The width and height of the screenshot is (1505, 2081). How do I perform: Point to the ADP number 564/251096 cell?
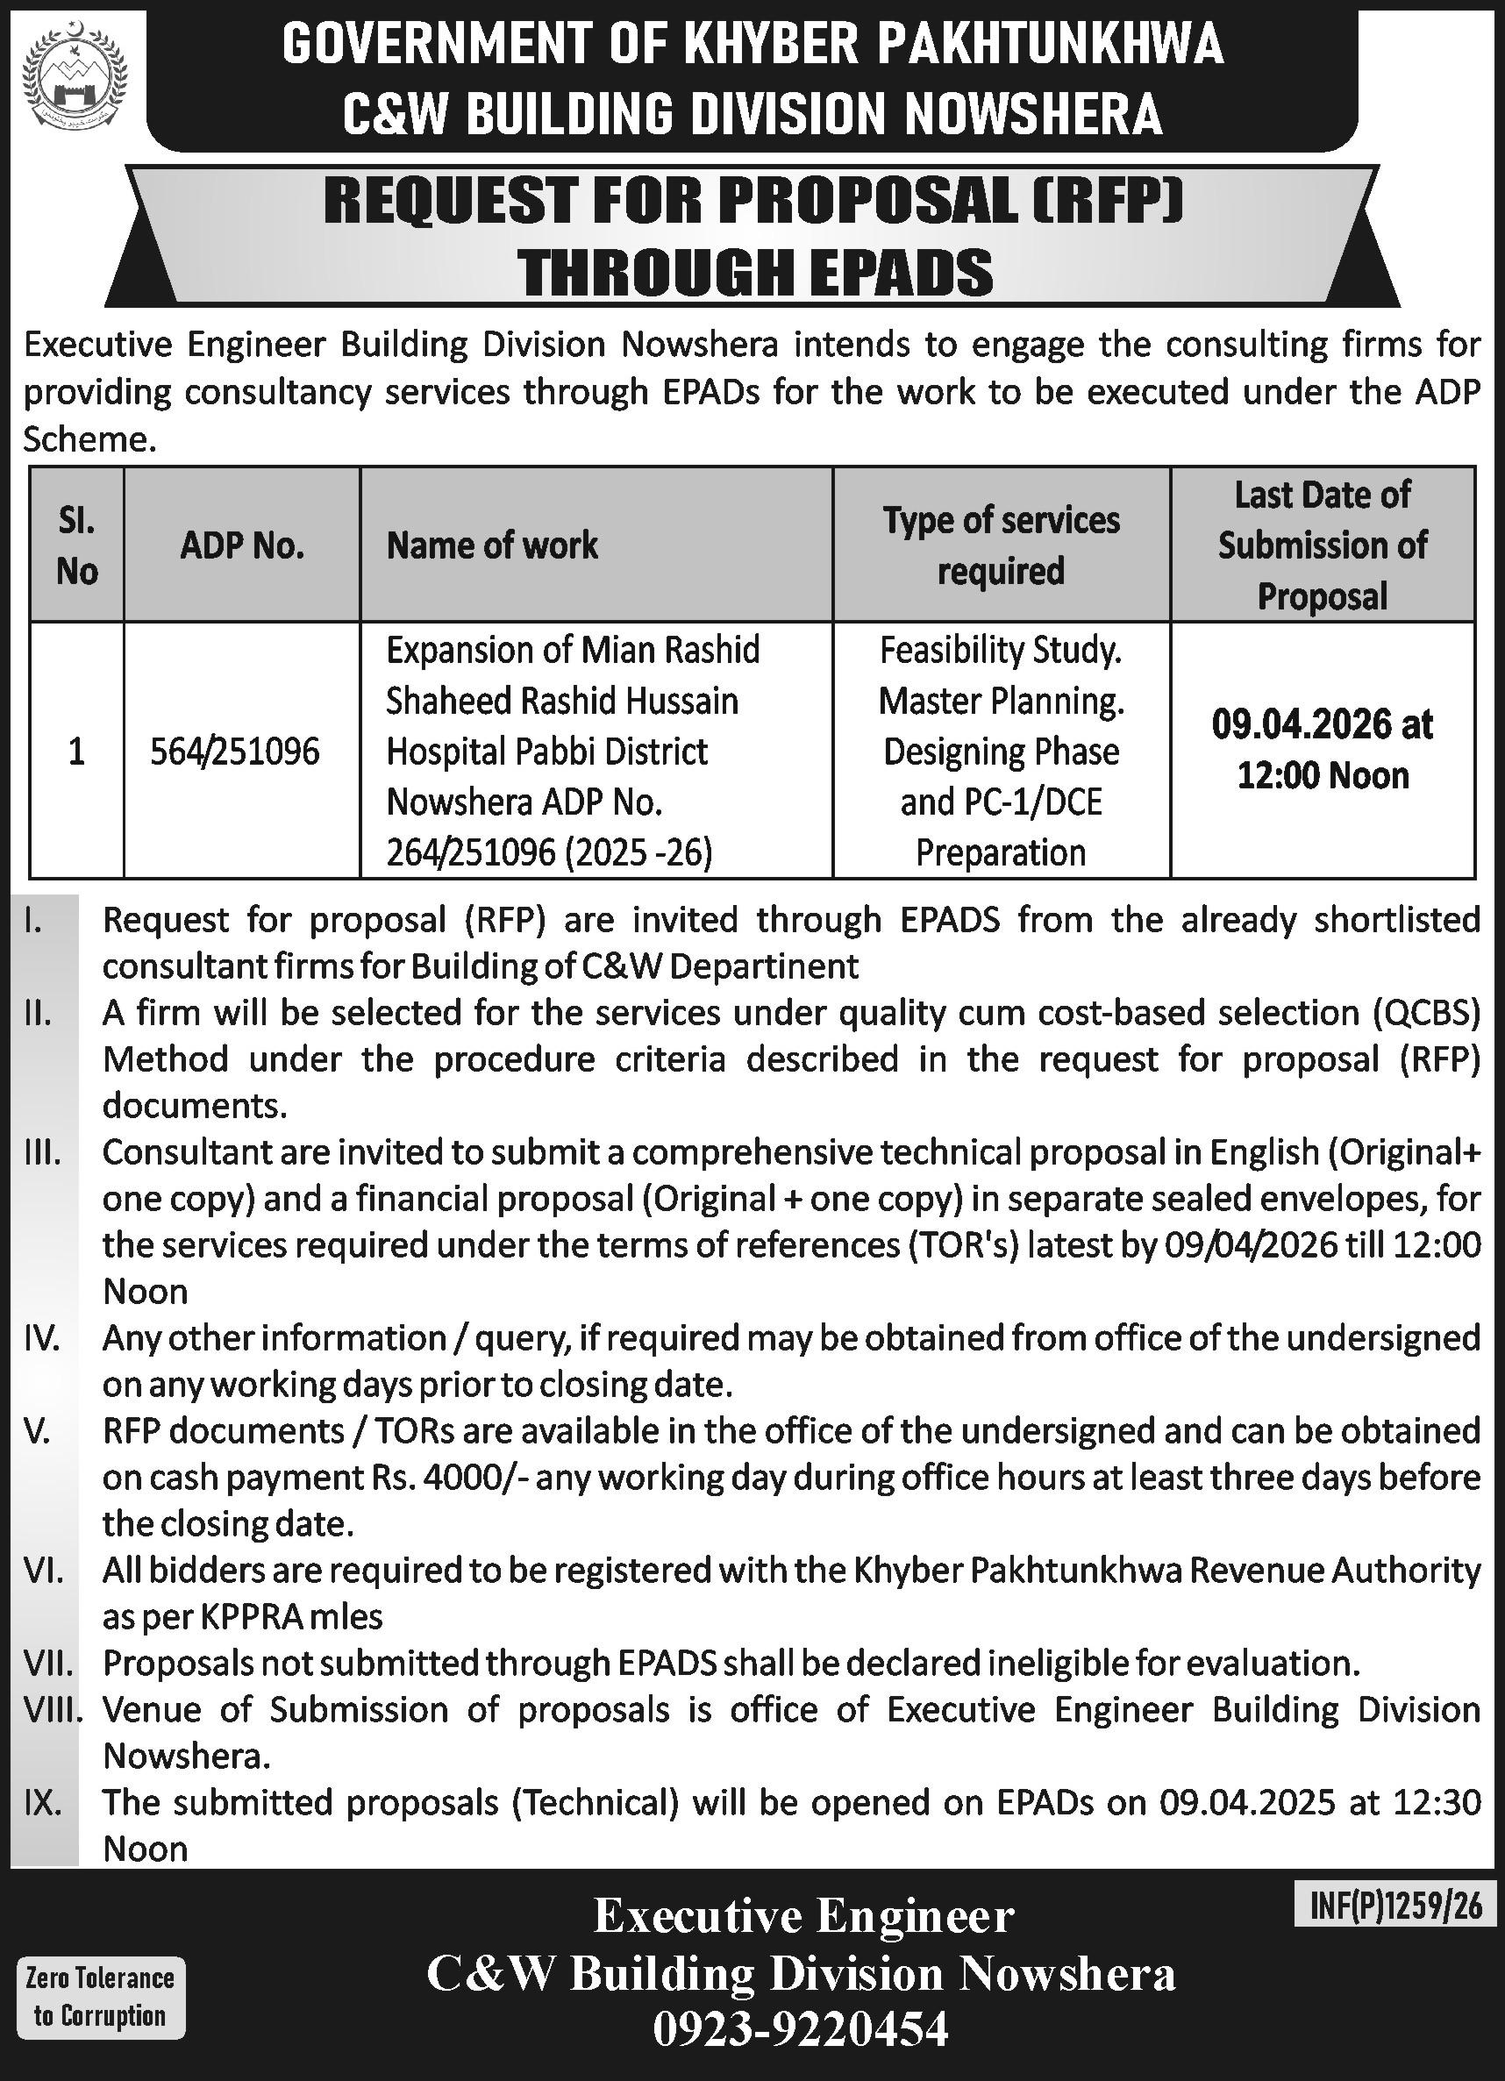click(x=236, y=752)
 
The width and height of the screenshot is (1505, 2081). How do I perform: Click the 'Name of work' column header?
click(x=492, y=545)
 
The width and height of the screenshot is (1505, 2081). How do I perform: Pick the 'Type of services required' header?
click(x=1002, y=545)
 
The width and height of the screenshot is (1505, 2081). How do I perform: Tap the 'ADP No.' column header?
click(x=242, y=546)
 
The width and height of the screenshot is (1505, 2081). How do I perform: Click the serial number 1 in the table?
click(x=77, y=752)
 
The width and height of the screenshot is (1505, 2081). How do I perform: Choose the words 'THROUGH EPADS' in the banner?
click(x=754, y=273)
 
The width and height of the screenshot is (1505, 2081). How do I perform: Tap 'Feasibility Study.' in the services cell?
click(x=1002, y=651)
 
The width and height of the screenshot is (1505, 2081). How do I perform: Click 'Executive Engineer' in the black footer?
click(x=804, y=1916)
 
